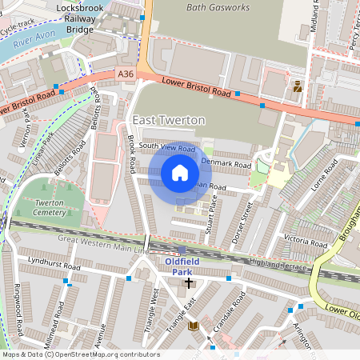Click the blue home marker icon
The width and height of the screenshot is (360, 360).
coord(180,172)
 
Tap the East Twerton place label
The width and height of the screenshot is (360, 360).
coord(169,120)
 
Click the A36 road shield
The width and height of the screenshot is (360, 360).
coord(126,74)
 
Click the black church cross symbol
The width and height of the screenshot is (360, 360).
coord(190,282)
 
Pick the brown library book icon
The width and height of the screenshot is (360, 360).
coord(193,326)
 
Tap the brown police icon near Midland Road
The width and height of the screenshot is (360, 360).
coord(298,86)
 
